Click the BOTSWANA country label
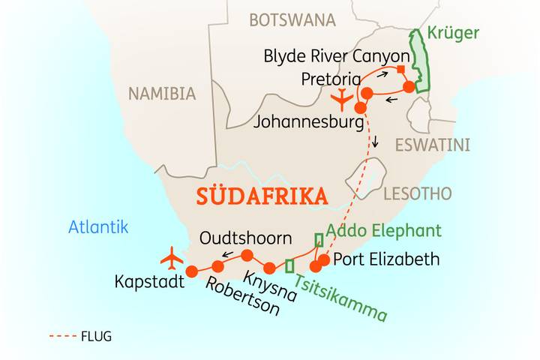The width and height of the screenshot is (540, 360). (292, 20)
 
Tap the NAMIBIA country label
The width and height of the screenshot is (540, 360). (162, 94)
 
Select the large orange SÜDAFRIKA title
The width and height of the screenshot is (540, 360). (262, 197)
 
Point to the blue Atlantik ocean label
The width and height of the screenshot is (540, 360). (97, 226)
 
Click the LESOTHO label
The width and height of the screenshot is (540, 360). (417, 194)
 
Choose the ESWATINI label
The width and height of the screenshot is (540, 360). (433, 145)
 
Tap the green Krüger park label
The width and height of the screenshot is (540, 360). (453, 33)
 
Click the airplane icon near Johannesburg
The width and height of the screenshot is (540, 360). (342, 98)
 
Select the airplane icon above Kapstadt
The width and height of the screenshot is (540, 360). (172, 257)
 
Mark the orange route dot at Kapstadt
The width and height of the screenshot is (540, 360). (191, 271)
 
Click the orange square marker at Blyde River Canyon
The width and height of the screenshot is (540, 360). (401, 70)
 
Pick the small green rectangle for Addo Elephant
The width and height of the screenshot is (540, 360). (319, 240)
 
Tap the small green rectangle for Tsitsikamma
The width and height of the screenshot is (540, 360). (289, 265)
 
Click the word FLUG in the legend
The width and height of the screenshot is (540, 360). (96, 337)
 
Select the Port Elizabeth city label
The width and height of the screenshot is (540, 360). (385, 260)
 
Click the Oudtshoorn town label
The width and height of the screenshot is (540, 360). (245, 238)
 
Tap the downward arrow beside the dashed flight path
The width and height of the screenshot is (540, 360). (376, 143)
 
